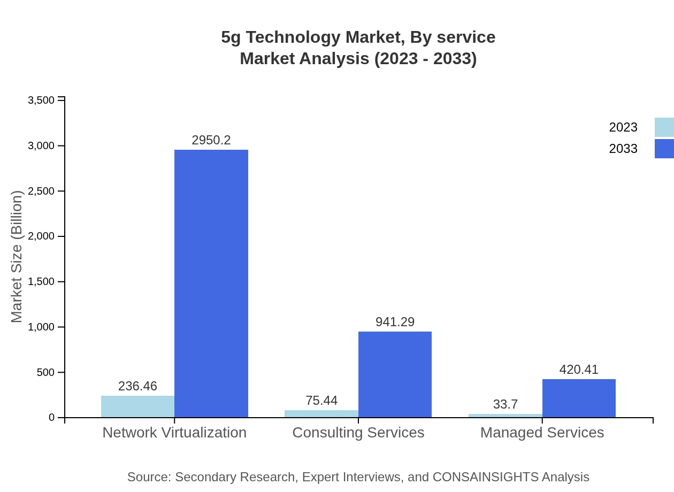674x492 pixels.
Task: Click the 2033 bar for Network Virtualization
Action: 211,283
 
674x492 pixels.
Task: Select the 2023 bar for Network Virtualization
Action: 137,406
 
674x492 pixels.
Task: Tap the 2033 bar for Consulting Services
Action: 395,374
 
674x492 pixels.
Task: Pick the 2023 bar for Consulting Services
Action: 321,414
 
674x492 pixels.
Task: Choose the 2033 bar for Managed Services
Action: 579,398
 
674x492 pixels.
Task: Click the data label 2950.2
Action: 211,140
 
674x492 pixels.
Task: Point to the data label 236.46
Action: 137,386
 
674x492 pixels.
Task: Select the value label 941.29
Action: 395,322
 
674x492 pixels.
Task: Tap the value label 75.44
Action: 321,401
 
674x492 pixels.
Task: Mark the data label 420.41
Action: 579,370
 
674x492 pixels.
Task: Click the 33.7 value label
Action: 505,404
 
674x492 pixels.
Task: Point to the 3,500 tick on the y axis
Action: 41,101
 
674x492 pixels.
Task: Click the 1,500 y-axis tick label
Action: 41,282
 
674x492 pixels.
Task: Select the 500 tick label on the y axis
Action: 45,372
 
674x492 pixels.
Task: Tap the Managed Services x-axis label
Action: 542,433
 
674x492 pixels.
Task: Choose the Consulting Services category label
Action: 358,433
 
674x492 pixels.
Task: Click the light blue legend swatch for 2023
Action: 664,127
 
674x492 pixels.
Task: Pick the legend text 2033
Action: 623,149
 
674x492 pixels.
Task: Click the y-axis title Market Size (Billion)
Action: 17,257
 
